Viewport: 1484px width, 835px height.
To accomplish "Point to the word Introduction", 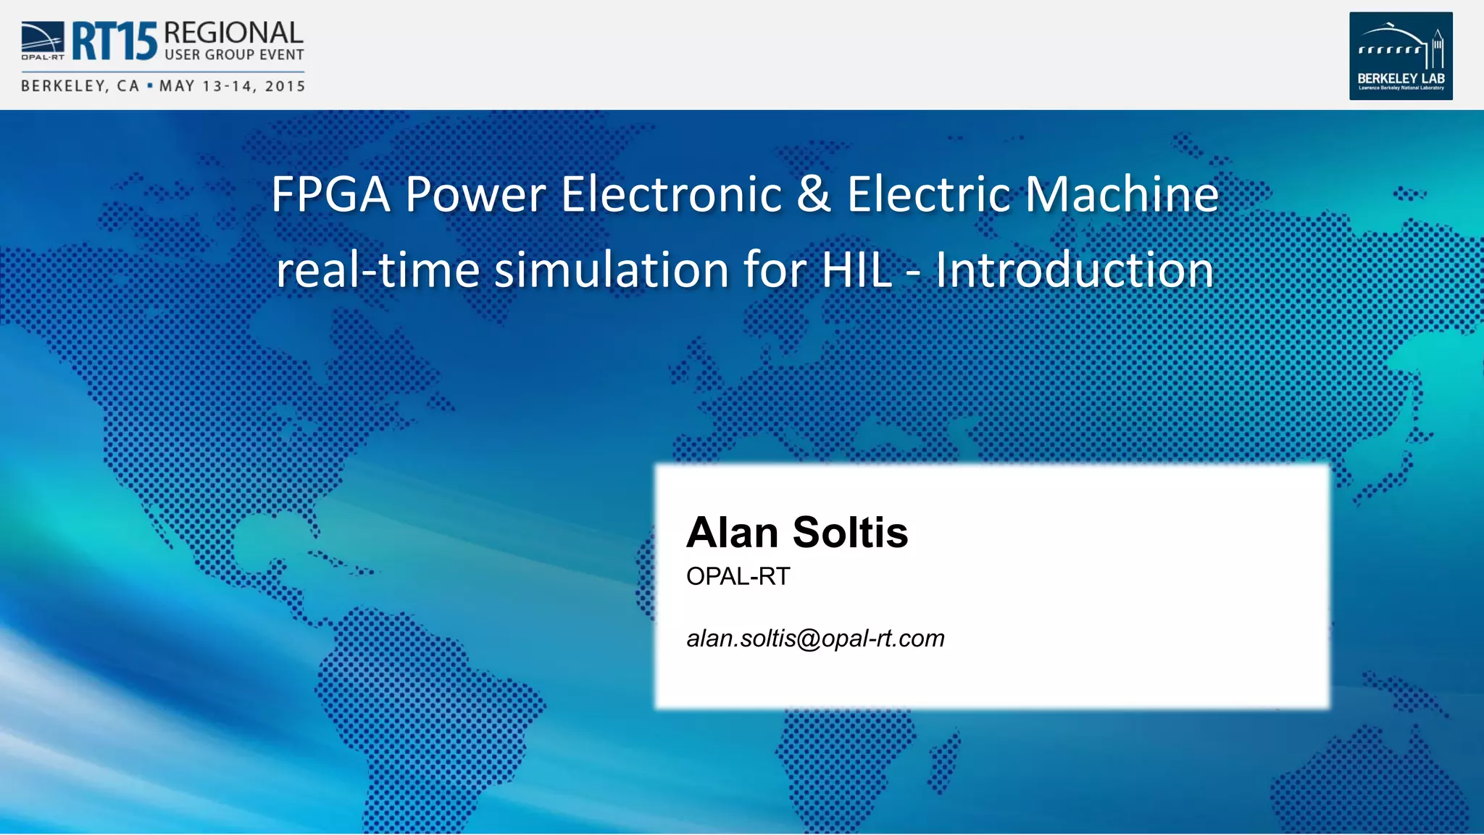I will click(1074, 270).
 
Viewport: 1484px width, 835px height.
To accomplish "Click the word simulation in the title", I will click(612, 270).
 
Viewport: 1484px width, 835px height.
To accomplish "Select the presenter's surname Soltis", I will click(850, 533).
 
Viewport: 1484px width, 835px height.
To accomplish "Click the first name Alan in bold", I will click(733, 533).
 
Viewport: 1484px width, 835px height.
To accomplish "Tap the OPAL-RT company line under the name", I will click(738, 576).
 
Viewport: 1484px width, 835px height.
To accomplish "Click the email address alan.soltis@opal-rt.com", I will click(815, 639).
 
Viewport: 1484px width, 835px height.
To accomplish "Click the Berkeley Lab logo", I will click(1400, 56).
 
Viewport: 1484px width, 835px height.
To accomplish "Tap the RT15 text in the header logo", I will click(114, 41).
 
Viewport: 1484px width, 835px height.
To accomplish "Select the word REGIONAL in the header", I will click(233, 33).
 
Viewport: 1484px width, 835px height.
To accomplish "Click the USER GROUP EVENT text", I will click(234, 55).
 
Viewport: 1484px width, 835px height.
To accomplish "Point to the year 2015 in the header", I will click(285, 86).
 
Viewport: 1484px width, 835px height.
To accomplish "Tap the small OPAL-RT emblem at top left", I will click(42, 40).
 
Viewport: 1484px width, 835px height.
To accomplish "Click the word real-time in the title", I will click(378, 270).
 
